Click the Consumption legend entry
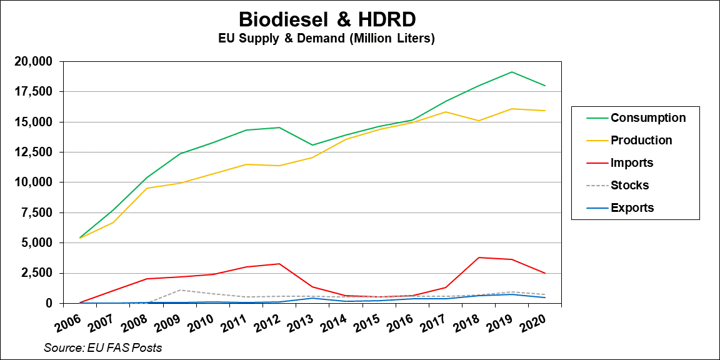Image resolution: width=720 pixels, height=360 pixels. (x=647, y=118)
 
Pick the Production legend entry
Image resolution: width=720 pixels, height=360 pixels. (x=641, y=141)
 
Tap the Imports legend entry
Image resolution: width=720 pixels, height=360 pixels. (x=631, y=163)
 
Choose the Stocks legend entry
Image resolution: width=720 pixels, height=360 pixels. (x=629, y=186)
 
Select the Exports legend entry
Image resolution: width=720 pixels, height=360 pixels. (x=632, y=208)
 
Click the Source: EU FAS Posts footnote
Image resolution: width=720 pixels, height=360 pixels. (x=103, y=347)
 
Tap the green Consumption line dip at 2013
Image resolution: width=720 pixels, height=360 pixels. (x=312, y=145)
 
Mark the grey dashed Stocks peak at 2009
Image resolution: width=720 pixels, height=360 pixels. (x=180, y=290)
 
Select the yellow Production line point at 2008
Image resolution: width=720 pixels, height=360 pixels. (x=147, y=188)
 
